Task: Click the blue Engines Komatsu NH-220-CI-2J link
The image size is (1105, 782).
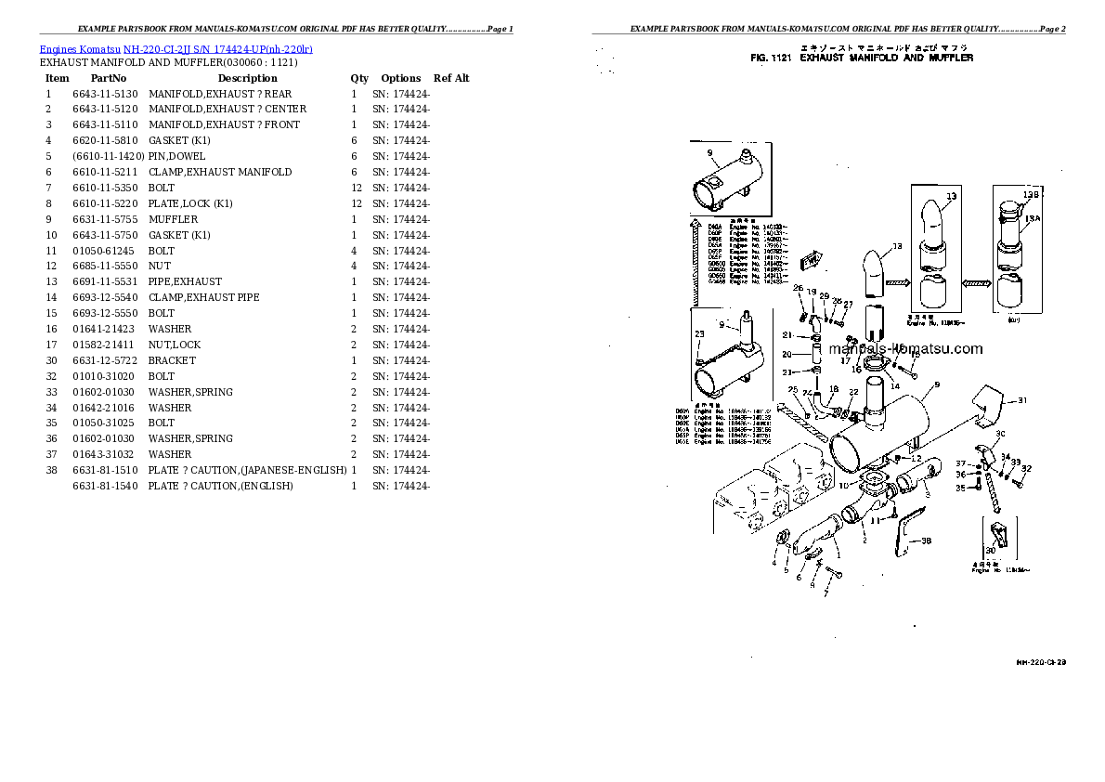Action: click(176, 48)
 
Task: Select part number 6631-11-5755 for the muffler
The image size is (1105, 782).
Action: click(104, 219)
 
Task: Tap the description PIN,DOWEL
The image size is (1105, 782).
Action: click(176, 156)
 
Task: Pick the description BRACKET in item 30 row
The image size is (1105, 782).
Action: click(172, 360)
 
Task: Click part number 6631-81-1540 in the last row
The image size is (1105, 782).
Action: click(104, 486)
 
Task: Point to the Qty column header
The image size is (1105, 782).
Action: click(358, 78)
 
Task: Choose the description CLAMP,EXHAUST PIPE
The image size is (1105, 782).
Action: click(203, 297)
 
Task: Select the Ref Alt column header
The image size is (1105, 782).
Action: click(451, 78)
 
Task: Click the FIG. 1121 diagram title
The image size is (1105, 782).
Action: click(861, 58)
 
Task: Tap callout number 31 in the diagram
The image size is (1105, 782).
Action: click(1022, 400)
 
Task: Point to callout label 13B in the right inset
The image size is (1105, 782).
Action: click(1030, 195)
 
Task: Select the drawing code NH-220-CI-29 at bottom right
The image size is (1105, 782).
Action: click(1040, 662)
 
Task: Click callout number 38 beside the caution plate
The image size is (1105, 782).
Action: click(926, 540)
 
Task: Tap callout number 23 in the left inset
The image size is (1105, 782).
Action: click(699, 333)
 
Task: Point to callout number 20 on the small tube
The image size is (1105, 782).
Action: click(786, 354)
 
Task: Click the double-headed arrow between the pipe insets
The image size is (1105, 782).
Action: click(972, 281)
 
